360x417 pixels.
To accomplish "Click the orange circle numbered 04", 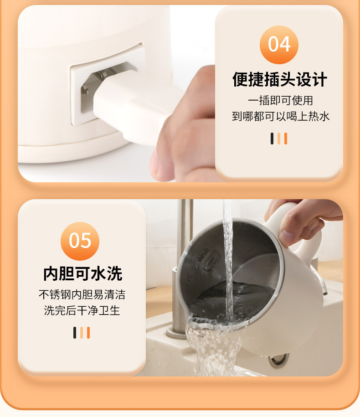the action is coord(279,45).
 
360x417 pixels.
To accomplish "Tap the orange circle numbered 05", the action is coord(80,241).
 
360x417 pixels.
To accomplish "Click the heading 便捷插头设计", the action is coord(279,79).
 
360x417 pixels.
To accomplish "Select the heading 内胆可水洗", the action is coord(82,273).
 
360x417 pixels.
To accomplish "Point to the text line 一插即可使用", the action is coord(280,101).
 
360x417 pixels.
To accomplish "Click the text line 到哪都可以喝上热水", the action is coord(281,116).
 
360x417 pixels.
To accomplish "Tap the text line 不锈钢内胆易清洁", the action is coord(82,295).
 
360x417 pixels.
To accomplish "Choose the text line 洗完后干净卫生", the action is coord(82,310).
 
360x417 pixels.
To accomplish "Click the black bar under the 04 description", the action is coord(272,139).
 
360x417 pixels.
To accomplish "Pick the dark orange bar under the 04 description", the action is coord(286,139).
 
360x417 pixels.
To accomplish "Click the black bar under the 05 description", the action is coord(75,333).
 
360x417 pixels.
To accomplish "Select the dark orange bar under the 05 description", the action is coord(88,333).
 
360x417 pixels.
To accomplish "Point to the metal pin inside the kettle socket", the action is coord(85,89).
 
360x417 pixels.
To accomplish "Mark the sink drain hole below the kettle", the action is coord(278,360).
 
